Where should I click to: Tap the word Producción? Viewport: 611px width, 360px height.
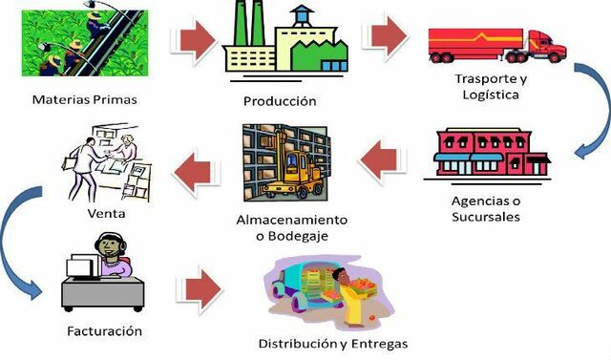point(281,100)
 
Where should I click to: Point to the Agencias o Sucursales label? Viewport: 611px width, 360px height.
point(486,208)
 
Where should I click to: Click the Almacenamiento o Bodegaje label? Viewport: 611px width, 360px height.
point(292,227)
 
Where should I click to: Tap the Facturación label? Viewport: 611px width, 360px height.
point(106,330)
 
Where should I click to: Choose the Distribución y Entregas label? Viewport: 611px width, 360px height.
point(333,343)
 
